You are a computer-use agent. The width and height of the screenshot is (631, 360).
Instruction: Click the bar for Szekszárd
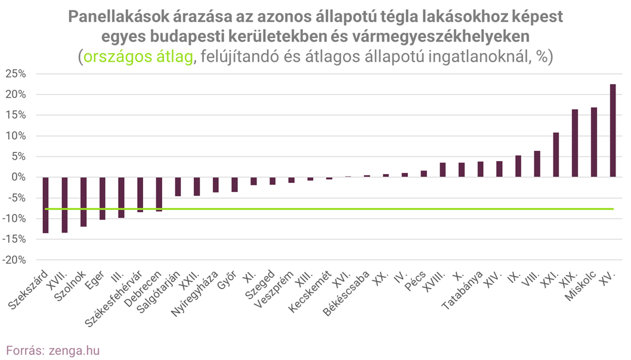pos(45,205)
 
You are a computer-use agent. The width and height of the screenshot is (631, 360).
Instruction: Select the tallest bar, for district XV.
pos(613,131)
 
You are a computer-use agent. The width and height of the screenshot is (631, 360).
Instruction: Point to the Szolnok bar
pos(83,202)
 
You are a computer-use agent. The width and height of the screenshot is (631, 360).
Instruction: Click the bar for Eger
pos(102,198)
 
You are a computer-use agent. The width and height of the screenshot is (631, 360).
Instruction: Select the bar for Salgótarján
pos(178,187)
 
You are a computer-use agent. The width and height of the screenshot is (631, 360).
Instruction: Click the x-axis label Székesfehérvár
pos(114,300)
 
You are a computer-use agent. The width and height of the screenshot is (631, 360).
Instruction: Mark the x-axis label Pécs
pos(415,282)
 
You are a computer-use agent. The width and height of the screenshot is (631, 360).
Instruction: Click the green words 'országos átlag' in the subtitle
pos(138,57)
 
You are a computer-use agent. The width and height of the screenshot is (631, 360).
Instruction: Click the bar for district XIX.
pos(575,143)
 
